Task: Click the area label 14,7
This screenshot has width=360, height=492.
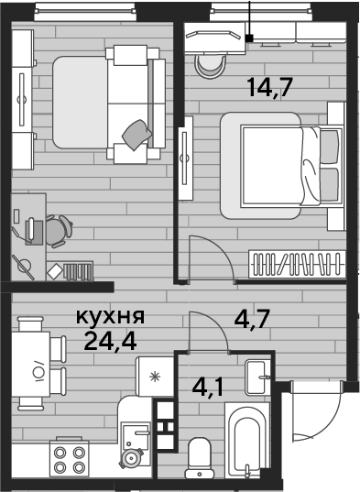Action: pyautogui.click(x=269, y=88)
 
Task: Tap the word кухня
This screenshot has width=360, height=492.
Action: pyautogui.click(x=111, y=316)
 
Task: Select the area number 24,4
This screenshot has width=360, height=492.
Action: pyautogui.click(x=110, y=341)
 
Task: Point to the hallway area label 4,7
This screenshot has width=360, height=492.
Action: pyautogui.click(x=252, y=319)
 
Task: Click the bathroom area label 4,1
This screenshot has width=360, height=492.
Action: pyautogui.click(x=207, y=387)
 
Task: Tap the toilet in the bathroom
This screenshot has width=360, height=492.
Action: pyautogui.click(x=200, y=458)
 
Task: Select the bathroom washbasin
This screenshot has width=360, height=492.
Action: pyautogui.click(x=257, y=377)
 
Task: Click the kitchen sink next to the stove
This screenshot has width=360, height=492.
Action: pyautogui.click(x=136, y=435)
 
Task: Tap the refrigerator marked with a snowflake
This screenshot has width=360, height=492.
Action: pyautogui.click(x=154, y=377)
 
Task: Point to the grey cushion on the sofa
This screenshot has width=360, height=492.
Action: pyautogui.click(x=137, y=135)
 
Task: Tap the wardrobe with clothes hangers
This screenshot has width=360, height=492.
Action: pyautogui.click(x=298, y=264)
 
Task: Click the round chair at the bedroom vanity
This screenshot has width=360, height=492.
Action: pyautogui.click(x=210, y=66)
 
